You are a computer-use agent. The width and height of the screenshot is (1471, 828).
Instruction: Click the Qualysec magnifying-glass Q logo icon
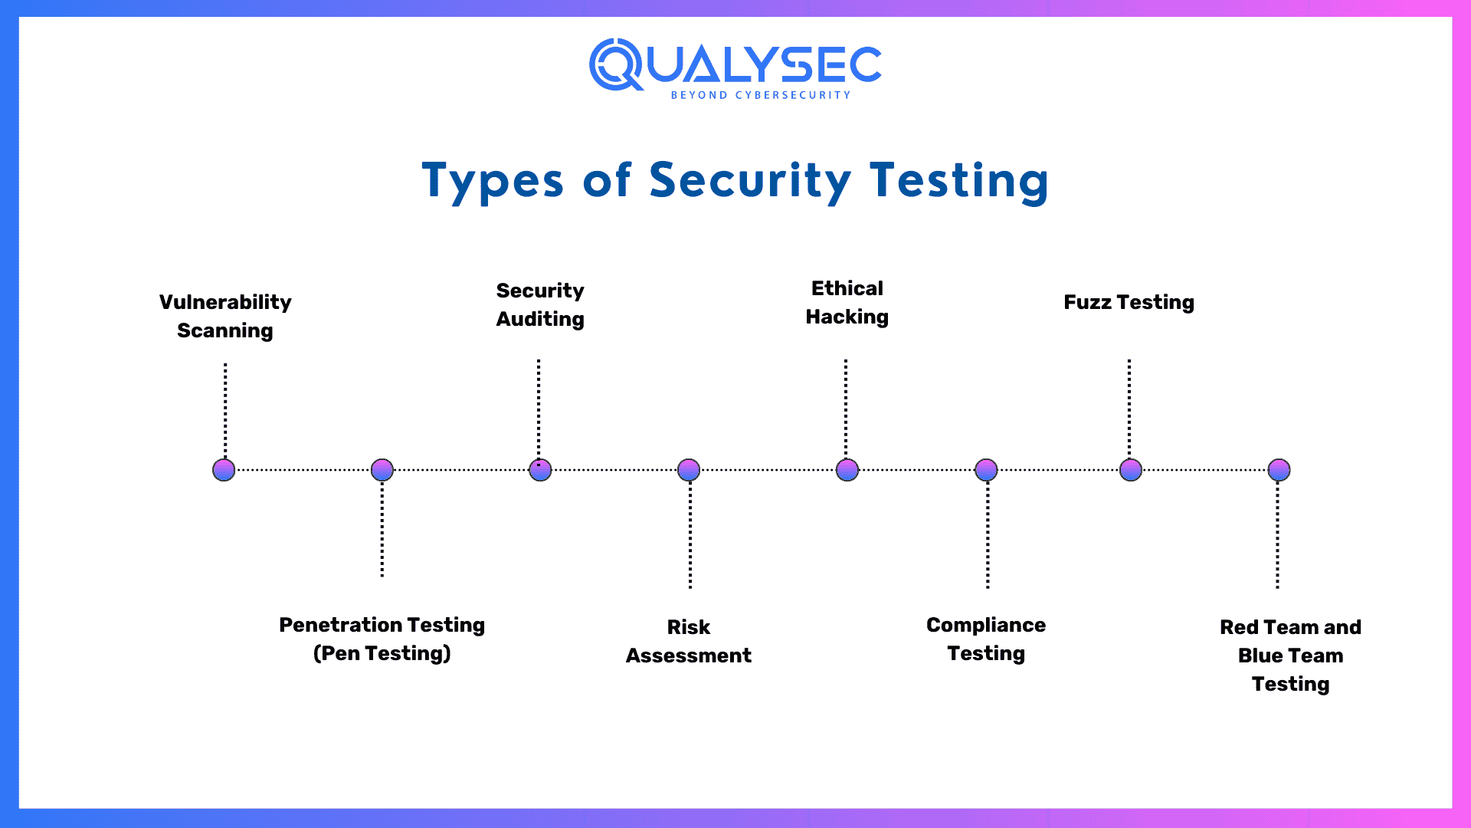click(615, 64)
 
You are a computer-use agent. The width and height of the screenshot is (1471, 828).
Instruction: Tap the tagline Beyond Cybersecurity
click(761, 95)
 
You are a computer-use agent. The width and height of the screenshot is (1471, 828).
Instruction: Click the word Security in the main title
click(750, 181)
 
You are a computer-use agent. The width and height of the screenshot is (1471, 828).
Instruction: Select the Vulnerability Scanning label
click(225, 316)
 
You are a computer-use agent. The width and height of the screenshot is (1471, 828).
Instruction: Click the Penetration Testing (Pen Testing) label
click(382, 639)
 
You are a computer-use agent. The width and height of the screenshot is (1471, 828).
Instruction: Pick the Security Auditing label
click(540, 304)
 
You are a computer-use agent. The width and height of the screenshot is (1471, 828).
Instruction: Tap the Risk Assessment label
click(688, 641)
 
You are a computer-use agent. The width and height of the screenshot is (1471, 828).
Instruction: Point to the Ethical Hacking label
click(847, 302)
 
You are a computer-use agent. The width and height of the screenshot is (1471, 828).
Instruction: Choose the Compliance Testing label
click(986, 639)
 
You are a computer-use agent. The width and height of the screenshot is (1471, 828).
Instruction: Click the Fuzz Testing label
click(1129, 302)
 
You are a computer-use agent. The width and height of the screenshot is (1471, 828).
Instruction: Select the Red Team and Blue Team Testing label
click(1290, 655)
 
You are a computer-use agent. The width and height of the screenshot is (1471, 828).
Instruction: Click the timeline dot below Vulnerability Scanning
click(224, 469)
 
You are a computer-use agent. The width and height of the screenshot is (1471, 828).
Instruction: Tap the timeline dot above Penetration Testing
click(382, 469)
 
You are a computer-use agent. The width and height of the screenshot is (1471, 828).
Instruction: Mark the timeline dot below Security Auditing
click(540, 469)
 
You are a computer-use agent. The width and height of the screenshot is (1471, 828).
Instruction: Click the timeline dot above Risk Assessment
click(689, 469)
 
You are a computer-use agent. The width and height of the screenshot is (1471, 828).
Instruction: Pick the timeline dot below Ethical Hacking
click(847, 469)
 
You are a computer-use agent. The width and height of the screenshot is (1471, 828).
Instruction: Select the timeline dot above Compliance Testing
click(986, 469)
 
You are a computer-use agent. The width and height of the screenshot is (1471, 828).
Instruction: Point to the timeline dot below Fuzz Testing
click(1131, 469)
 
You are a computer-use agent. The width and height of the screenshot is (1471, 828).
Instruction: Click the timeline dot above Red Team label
click(1279, 469)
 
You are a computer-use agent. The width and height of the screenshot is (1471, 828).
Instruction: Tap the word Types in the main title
click(492, 181)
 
